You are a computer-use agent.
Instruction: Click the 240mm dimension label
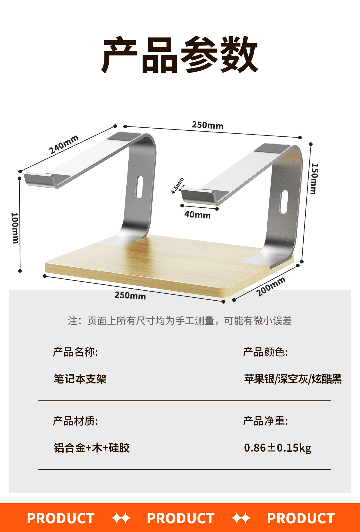(64, 144)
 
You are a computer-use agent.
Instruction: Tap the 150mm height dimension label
(314, 179)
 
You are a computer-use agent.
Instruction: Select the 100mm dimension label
(15, 228)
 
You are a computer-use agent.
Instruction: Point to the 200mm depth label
(271, 287)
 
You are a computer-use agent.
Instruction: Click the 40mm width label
(197, 215)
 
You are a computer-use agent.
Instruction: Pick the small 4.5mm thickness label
(177, 186)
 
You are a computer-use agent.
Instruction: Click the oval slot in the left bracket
(139, 187)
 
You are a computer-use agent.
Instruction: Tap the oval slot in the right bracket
(283, 202)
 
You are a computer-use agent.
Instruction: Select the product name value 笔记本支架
(80, 379)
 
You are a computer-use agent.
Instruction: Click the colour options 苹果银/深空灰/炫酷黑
(293, 379)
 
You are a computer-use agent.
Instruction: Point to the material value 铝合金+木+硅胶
(92, 448)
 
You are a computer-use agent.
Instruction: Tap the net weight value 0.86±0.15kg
(278, 448)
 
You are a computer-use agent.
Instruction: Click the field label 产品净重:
(265, 421)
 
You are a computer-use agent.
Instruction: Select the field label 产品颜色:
(265, 352)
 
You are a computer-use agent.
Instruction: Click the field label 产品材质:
(75, 421)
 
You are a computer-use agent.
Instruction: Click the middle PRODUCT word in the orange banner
(181, 518)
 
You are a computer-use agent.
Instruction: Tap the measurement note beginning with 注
(180, 321)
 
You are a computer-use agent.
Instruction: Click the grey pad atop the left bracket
(124, 137)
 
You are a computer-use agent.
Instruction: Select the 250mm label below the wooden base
(130, 296)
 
